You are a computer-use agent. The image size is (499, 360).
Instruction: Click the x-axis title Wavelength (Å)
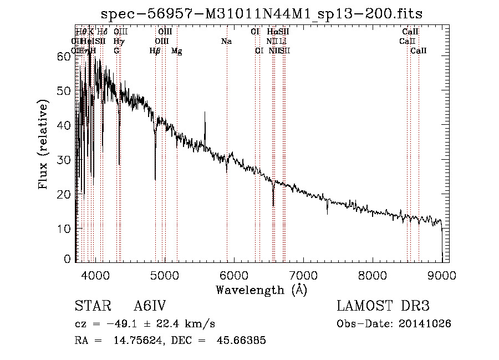click(261, 290)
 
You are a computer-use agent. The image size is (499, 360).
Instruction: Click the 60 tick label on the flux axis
click(64, 56)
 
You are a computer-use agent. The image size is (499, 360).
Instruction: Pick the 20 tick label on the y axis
click(64, 194)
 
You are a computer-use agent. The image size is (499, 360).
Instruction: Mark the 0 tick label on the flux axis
click(68, 258)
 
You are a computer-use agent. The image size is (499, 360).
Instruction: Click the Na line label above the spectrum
click(226, 42)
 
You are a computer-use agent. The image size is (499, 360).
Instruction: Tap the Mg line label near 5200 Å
click(176, 51)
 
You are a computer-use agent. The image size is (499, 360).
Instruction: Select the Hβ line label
click(155, 51)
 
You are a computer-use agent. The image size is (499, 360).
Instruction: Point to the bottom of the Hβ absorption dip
click(155, 179)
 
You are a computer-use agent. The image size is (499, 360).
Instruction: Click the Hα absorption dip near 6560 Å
click(273, 204)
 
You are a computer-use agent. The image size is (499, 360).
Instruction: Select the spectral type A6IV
click(150, 306)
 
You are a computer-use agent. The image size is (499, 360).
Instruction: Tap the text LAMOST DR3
click(383, 306)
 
